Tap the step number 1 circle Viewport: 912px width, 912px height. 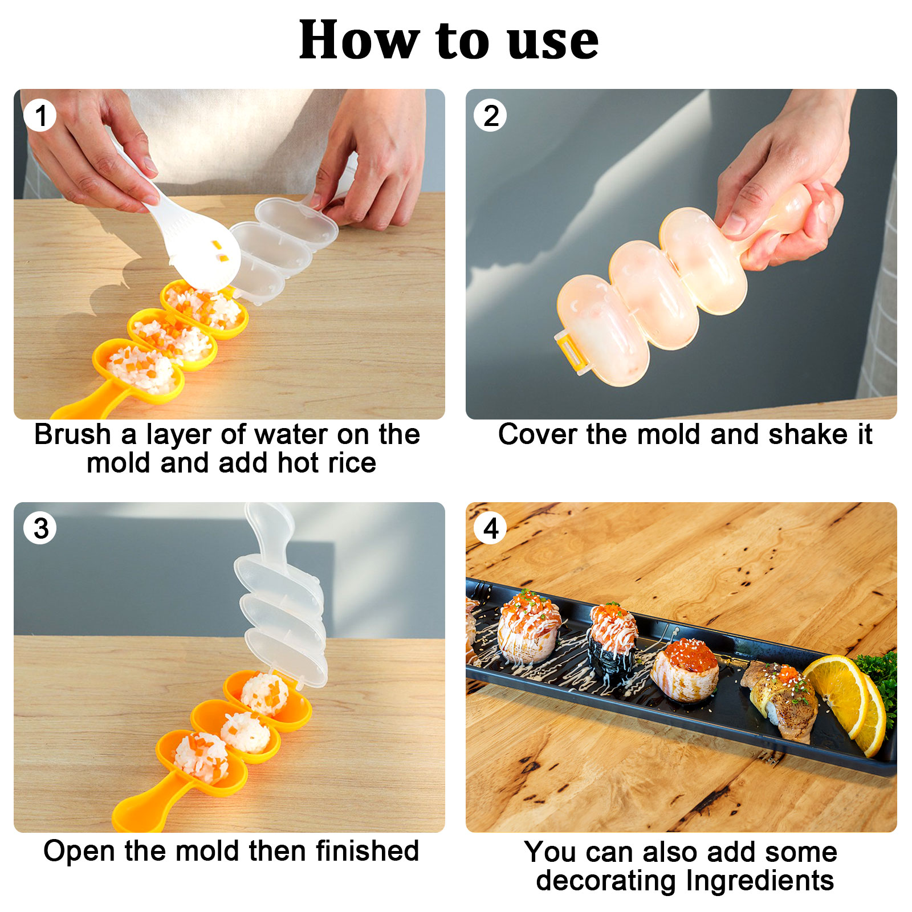point(40,116)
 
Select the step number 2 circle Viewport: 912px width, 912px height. point(490,116)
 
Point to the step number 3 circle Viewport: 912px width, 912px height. point(40,528)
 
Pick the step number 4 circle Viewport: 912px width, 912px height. point(490,528)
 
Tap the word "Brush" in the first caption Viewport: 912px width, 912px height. point(72,435)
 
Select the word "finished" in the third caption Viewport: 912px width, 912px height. point(368,851)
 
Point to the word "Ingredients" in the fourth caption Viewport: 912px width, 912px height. point(760,881)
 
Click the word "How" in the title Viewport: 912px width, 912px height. point(358,41)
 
